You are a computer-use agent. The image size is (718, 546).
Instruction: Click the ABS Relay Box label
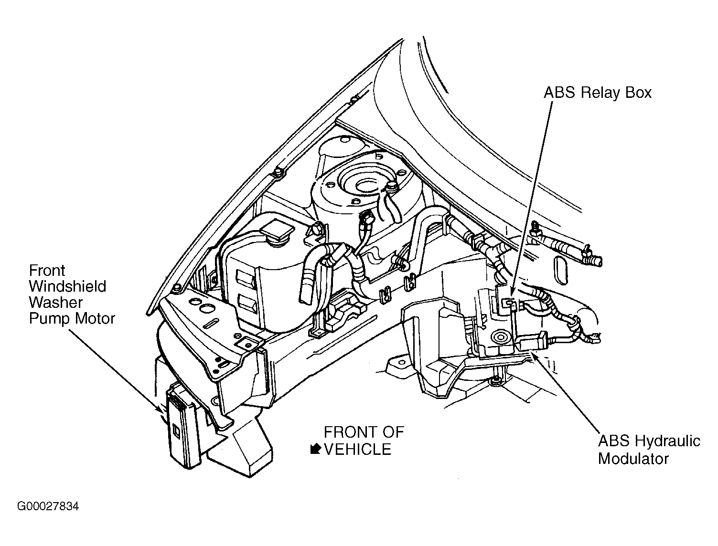click(x=597, y=93)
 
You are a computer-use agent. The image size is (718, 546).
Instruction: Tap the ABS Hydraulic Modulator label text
click(x=649, y=450)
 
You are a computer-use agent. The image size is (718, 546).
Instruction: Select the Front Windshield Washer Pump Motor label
click(x=72, y=295)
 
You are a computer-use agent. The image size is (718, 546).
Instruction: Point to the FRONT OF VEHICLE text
click(x=364, y=441)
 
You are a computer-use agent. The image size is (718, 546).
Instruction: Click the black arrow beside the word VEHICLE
click(x=315, y=449)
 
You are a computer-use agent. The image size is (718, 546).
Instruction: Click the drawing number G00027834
click(x=48, y=506)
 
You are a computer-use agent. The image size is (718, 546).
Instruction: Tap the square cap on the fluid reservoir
click(x=277, y=231)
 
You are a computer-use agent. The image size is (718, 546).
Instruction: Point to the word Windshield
click(x=68, y=286)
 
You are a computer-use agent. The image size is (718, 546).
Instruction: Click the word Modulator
click(x=633, y=459)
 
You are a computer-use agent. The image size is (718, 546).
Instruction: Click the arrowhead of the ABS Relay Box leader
click(x=512, y=293)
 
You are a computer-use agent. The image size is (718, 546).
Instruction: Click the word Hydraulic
click(x=667, y=441)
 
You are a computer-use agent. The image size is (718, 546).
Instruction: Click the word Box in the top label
click(x=638, y=93)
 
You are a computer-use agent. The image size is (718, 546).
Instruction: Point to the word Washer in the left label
click(x=55, y=303)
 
